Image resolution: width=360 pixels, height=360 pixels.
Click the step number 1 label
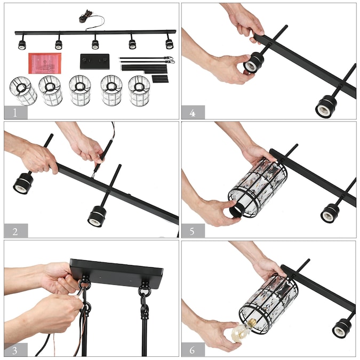click(x=15, y=113)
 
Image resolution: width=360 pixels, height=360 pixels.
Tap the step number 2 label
click(x=15, y=231)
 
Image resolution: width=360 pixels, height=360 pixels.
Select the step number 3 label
click(x=15, y=350)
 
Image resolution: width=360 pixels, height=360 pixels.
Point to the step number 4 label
click(x=193, y=113)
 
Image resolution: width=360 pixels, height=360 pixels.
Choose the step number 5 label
click(x=193, y=231)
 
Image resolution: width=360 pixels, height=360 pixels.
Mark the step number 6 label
click(x=193, y=350)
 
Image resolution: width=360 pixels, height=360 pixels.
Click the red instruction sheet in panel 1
click(x=45, y=63)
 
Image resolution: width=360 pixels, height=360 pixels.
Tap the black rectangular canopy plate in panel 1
click(x=94, y=61)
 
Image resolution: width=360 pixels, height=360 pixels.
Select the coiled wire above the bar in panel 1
click(x=85, y=17)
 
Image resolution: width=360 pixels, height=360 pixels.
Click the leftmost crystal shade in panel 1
click(x=23, y=91)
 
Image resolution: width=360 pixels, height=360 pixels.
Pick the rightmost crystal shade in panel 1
click(x=139, y=91)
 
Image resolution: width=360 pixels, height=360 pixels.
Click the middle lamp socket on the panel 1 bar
click(x=95, y=44)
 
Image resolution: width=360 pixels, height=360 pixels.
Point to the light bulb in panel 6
click(x=241, y=329)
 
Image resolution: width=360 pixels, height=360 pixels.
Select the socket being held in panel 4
click(x=253, y=63)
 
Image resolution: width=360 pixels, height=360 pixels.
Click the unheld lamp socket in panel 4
click(x=326, y=107)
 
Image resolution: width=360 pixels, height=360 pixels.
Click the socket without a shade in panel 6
click(x=342, y=328)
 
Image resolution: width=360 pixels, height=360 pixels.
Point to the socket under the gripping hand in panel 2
click(x=23, y=183)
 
